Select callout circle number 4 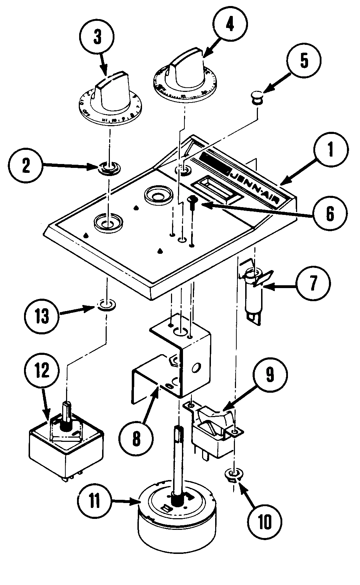pyautogui.click(x=230, y=25)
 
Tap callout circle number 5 pyautogui.click(x=304, y=61)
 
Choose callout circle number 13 pyautogui.click(x=42, y=316)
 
